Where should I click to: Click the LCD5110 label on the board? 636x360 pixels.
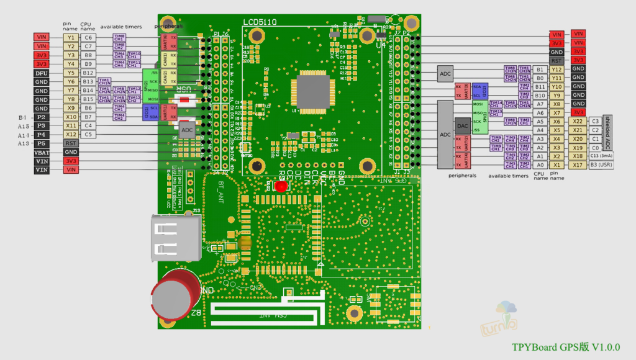click(x=260, y=22)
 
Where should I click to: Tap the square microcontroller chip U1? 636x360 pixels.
click(x=315, y=92)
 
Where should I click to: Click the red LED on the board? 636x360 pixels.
click(x=281, y=186)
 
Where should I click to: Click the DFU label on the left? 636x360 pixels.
click(x=41, y=73)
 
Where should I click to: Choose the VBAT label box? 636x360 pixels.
click(x=41, y=152)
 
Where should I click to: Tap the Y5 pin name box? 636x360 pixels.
click(x=71, y=73)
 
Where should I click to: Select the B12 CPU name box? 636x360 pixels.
click(x=88, y=73)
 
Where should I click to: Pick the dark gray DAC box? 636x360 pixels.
click(x=462, y=125)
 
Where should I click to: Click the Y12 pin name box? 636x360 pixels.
click(x=556, y=70)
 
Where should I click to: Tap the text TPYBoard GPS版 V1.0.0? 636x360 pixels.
click(x=565, y=347)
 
